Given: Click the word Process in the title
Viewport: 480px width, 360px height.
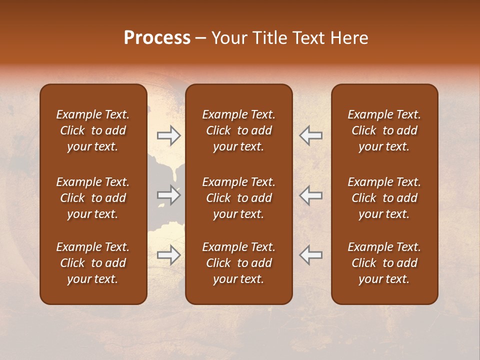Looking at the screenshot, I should click(157, 38).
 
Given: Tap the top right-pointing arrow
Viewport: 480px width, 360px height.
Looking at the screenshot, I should click(169, 135).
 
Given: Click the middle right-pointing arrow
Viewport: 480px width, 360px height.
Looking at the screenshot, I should click(169, 195).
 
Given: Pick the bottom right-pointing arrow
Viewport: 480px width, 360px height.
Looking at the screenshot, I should click(169, 255).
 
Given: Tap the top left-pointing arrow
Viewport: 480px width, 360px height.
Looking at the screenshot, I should click(310, 135).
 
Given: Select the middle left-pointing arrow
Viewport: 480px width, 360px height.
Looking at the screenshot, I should click(310, 195).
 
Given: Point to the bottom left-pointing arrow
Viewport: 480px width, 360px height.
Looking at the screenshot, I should click(310, 255).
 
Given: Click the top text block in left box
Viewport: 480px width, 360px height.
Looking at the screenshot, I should click(93, 130).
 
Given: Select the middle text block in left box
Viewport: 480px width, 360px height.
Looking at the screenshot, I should click(93, 198).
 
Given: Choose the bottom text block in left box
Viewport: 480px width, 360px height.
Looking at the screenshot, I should click(93, 263).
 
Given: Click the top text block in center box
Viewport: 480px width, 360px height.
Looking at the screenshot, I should click(238, 130).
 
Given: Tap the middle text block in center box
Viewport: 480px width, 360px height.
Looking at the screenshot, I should click(238, 198).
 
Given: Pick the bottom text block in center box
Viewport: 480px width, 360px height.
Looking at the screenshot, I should click(238, 263).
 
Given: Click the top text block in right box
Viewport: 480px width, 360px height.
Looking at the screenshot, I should click(384, 130).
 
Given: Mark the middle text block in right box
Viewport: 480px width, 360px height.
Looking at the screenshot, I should click(384, 198).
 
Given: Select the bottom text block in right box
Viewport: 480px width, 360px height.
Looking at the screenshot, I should click(384, 263).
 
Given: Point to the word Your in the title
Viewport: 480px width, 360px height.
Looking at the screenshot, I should click(229, 38).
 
